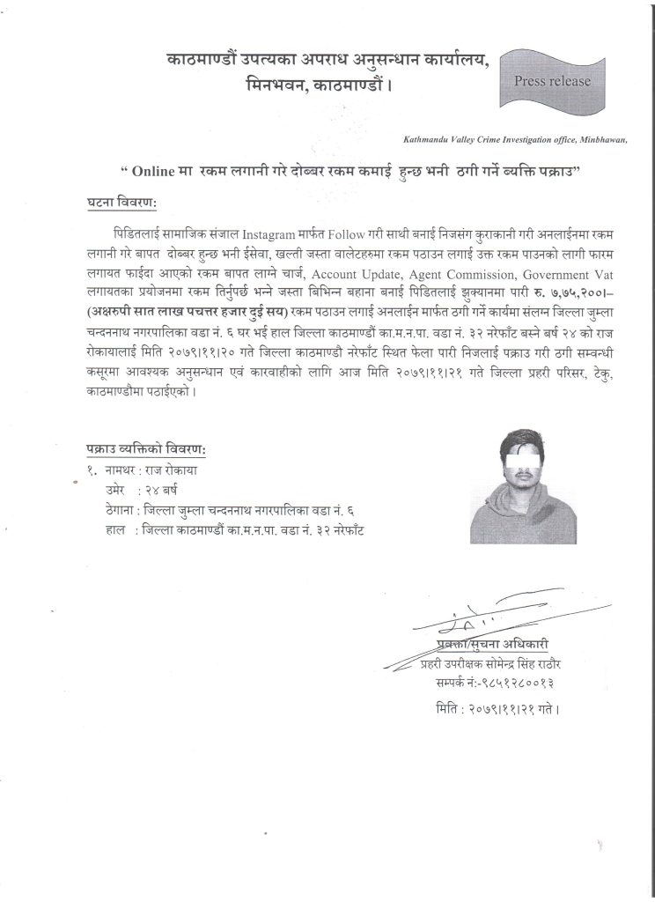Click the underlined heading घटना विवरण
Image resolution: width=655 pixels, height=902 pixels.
[x=121, y=203]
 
